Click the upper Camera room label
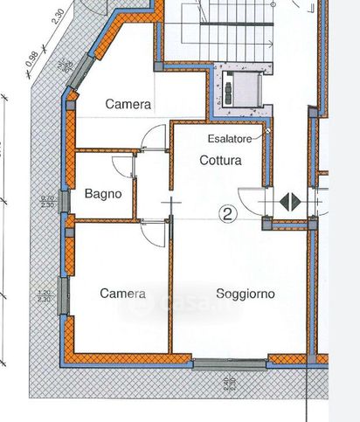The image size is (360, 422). click(128, 104)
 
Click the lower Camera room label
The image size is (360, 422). click(122, 294)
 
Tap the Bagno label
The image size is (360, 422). click(102, 193)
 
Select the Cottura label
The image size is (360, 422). click(220, 161)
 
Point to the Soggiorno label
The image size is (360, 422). click(246, 294)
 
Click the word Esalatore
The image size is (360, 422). click(230, 139)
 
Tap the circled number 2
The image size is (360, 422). click(228, 212)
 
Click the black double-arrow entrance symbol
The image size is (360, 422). click(289, 201)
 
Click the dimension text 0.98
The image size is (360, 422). click(33, 59)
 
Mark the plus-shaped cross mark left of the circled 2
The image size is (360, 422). click(172, 204)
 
